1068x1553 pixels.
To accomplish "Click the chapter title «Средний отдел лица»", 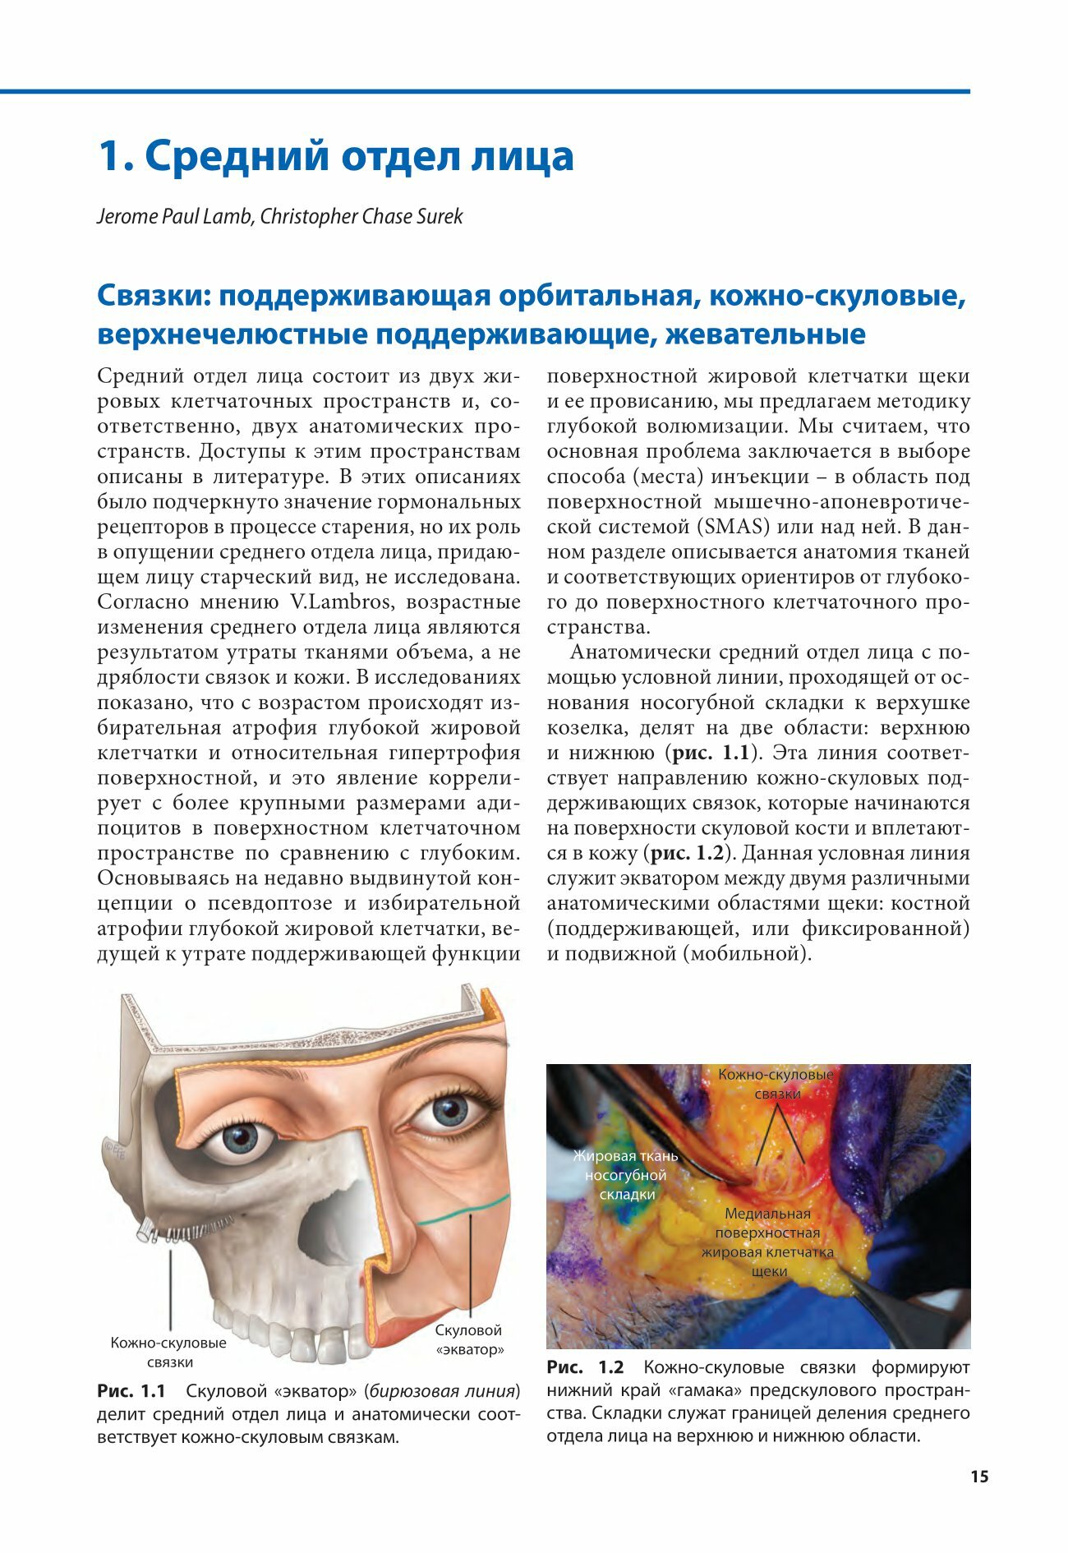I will tap(336, 156).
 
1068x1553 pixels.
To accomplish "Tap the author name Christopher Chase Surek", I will tap(361, 217).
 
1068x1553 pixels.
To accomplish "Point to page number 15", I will tap(979, 1477).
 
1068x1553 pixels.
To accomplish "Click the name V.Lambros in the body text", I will tap(340, 601).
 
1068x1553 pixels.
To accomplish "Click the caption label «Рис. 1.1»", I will tap(131, 1391).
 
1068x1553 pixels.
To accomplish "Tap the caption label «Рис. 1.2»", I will tap(585, 1367).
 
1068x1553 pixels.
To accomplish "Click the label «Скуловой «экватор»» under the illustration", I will tap(469, 1339).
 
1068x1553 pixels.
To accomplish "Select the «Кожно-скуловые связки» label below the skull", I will tap(169, 1353).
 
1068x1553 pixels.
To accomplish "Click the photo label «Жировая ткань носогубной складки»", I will tap(626, 1175).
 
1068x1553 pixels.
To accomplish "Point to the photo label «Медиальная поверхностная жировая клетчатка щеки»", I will tap(767, 1242).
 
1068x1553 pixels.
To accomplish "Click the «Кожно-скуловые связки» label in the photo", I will tap(776, 1084).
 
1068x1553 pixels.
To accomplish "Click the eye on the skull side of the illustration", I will tap(241, 1138).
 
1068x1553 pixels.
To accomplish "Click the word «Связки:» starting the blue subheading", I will tap(154, 296).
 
